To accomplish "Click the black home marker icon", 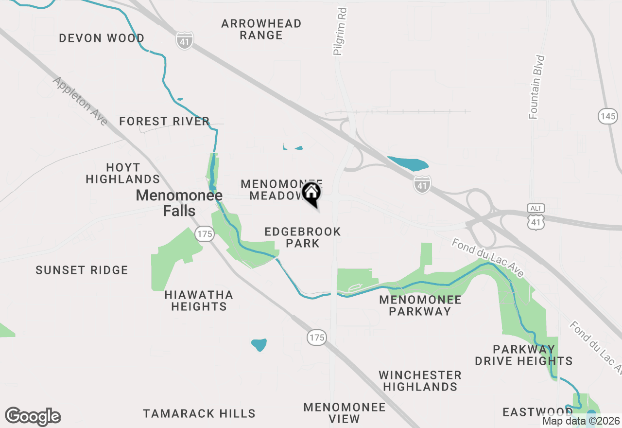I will click(x=311, y=193).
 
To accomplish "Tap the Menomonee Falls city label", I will click(x=179, y=203).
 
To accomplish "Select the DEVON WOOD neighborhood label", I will click(x=102, y=38).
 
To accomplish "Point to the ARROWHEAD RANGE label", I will click(x=261, y=29).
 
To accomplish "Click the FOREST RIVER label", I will click(x=164, y=121).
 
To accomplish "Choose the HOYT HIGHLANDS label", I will click(x=123, y=173).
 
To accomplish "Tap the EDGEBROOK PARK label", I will click(x=302, y=237).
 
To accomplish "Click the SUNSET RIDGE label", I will click(x=82, y=270).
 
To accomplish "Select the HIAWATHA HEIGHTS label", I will click(x=198, y=301).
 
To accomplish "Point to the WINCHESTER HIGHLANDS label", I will click(x=420, y=381).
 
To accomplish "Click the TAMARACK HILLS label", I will click(x=199, y=413).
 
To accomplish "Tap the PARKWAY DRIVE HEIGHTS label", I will click(x=523, y=355).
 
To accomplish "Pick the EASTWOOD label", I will click(x=537, y=412).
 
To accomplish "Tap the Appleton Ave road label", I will click(x=80, y=101).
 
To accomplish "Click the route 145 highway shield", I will click(x=607, y=116).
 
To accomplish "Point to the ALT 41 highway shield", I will click(x=536, y=217).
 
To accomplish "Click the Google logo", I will click(x=33, y=416).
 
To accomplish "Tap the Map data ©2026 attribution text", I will click(x=581, y=421).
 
